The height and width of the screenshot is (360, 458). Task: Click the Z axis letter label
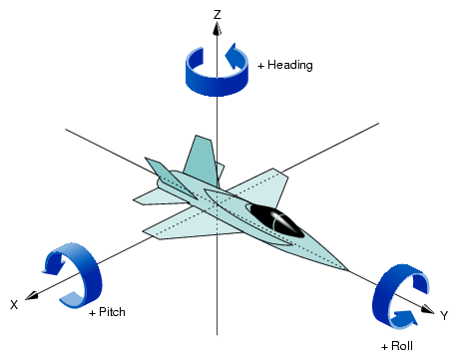tap(217, 14)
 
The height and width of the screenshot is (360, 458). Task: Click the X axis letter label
tap(14, 304)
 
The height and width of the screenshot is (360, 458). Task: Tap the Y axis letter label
tap(444, 315)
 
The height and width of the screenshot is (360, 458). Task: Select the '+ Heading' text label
tap(285, 66)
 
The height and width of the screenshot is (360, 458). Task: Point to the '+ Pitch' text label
tap(108, 312)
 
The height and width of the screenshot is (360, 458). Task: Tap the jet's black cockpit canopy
tap(276, 220)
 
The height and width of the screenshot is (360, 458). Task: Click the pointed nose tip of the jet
tap(346, 269)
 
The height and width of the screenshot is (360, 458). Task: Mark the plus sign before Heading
tap(261, 66)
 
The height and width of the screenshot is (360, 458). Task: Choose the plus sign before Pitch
tap(92, 312)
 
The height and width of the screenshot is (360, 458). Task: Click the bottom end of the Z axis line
tap(217, 333)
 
